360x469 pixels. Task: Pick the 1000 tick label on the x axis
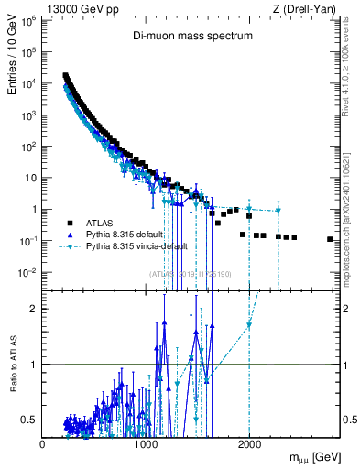coord(146,444)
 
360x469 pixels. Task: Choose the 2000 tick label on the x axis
coord(249,444)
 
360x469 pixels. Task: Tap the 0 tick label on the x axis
coord(42,444)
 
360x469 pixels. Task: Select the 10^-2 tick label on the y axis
coord(28,272)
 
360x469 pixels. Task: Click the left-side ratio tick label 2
coord(35,309)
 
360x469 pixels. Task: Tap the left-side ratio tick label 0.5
coord(31,420)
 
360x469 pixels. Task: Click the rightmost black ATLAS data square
coord(330,239)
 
